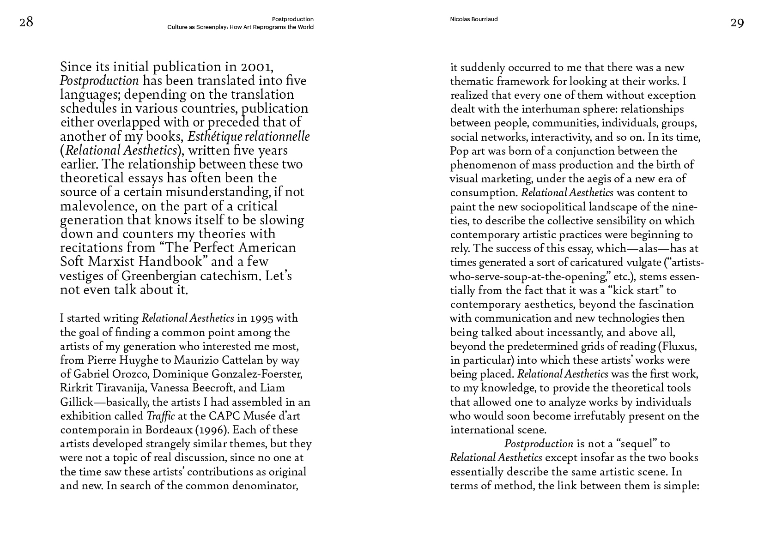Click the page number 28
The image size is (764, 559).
tap(26, 22)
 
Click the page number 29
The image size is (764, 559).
tap(737, 23)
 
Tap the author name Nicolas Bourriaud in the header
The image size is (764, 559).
tap(473, 19)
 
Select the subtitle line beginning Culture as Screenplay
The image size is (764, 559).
tap(240, 27)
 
